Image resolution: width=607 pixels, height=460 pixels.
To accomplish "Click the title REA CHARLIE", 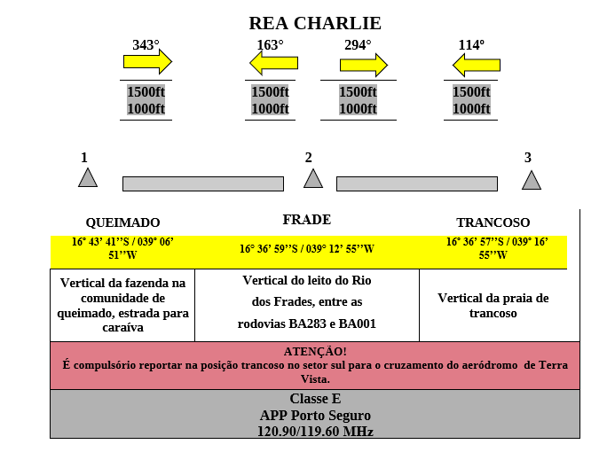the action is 315,24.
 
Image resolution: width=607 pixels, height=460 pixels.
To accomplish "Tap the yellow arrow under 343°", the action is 147,61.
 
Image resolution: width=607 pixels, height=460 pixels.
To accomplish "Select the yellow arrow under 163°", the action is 273,63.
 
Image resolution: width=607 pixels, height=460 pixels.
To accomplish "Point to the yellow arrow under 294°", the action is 364,65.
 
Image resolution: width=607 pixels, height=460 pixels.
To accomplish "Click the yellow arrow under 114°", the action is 477,65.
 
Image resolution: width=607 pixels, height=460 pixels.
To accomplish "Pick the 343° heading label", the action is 146,45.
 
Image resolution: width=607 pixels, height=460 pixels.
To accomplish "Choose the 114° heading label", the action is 471,45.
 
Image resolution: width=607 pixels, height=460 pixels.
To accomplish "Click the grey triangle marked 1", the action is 88,179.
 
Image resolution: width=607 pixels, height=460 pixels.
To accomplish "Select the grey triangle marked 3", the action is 532,182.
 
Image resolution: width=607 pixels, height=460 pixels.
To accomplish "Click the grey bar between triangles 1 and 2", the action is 203,184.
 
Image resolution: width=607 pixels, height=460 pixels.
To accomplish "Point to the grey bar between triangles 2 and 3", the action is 417,184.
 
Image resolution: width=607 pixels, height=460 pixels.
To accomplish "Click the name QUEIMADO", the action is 122,222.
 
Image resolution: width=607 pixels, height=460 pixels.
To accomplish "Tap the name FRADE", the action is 306,220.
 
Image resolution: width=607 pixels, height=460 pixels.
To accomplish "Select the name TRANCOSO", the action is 493,222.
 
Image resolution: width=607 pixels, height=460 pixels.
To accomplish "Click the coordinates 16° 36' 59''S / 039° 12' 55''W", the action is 306,249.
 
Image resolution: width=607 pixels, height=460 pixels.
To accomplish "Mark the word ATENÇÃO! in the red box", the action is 315,352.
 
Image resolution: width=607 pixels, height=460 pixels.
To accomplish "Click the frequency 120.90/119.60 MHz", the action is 315,432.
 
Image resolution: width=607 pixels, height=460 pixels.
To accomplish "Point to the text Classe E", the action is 315,399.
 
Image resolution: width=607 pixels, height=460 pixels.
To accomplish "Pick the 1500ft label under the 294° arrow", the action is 358,92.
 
